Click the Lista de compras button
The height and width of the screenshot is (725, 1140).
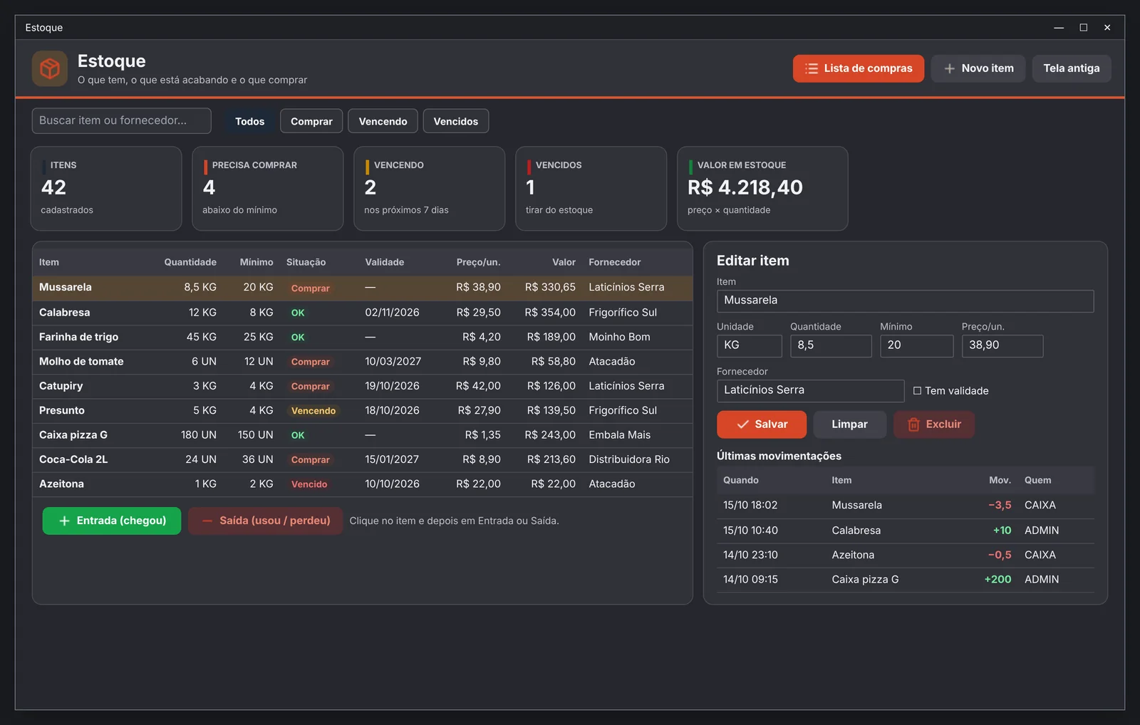[x=858, y=68]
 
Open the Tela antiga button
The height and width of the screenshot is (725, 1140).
[x=1072, y=68]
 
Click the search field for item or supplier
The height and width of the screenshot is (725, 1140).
[x=121, y=120]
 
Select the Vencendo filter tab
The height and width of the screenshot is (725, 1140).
[x=383, y=121]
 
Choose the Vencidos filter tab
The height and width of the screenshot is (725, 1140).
[x=455, y=121]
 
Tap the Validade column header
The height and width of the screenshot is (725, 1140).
[x=384, y=262]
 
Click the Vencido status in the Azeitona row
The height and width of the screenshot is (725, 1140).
[x=309, y=484]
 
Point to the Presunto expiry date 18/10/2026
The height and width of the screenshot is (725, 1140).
[x=392, y=410]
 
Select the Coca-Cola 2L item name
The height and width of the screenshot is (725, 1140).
[x=73, y=459]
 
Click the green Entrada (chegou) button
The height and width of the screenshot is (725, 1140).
[x=111, y=521]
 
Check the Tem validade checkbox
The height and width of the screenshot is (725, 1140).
[x=917, y=391]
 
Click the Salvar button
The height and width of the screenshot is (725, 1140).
[x=762, y=424]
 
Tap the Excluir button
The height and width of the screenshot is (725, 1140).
[x=934, y=424]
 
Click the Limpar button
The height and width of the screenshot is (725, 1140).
[x=849, y=424]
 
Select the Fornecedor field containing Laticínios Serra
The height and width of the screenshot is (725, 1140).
[x=810, y=391]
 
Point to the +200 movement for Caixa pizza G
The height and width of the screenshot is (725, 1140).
[x=997, y=579]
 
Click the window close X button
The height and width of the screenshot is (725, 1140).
[x=1107, y=28]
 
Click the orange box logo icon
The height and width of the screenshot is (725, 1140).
[x=50, y=68]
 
